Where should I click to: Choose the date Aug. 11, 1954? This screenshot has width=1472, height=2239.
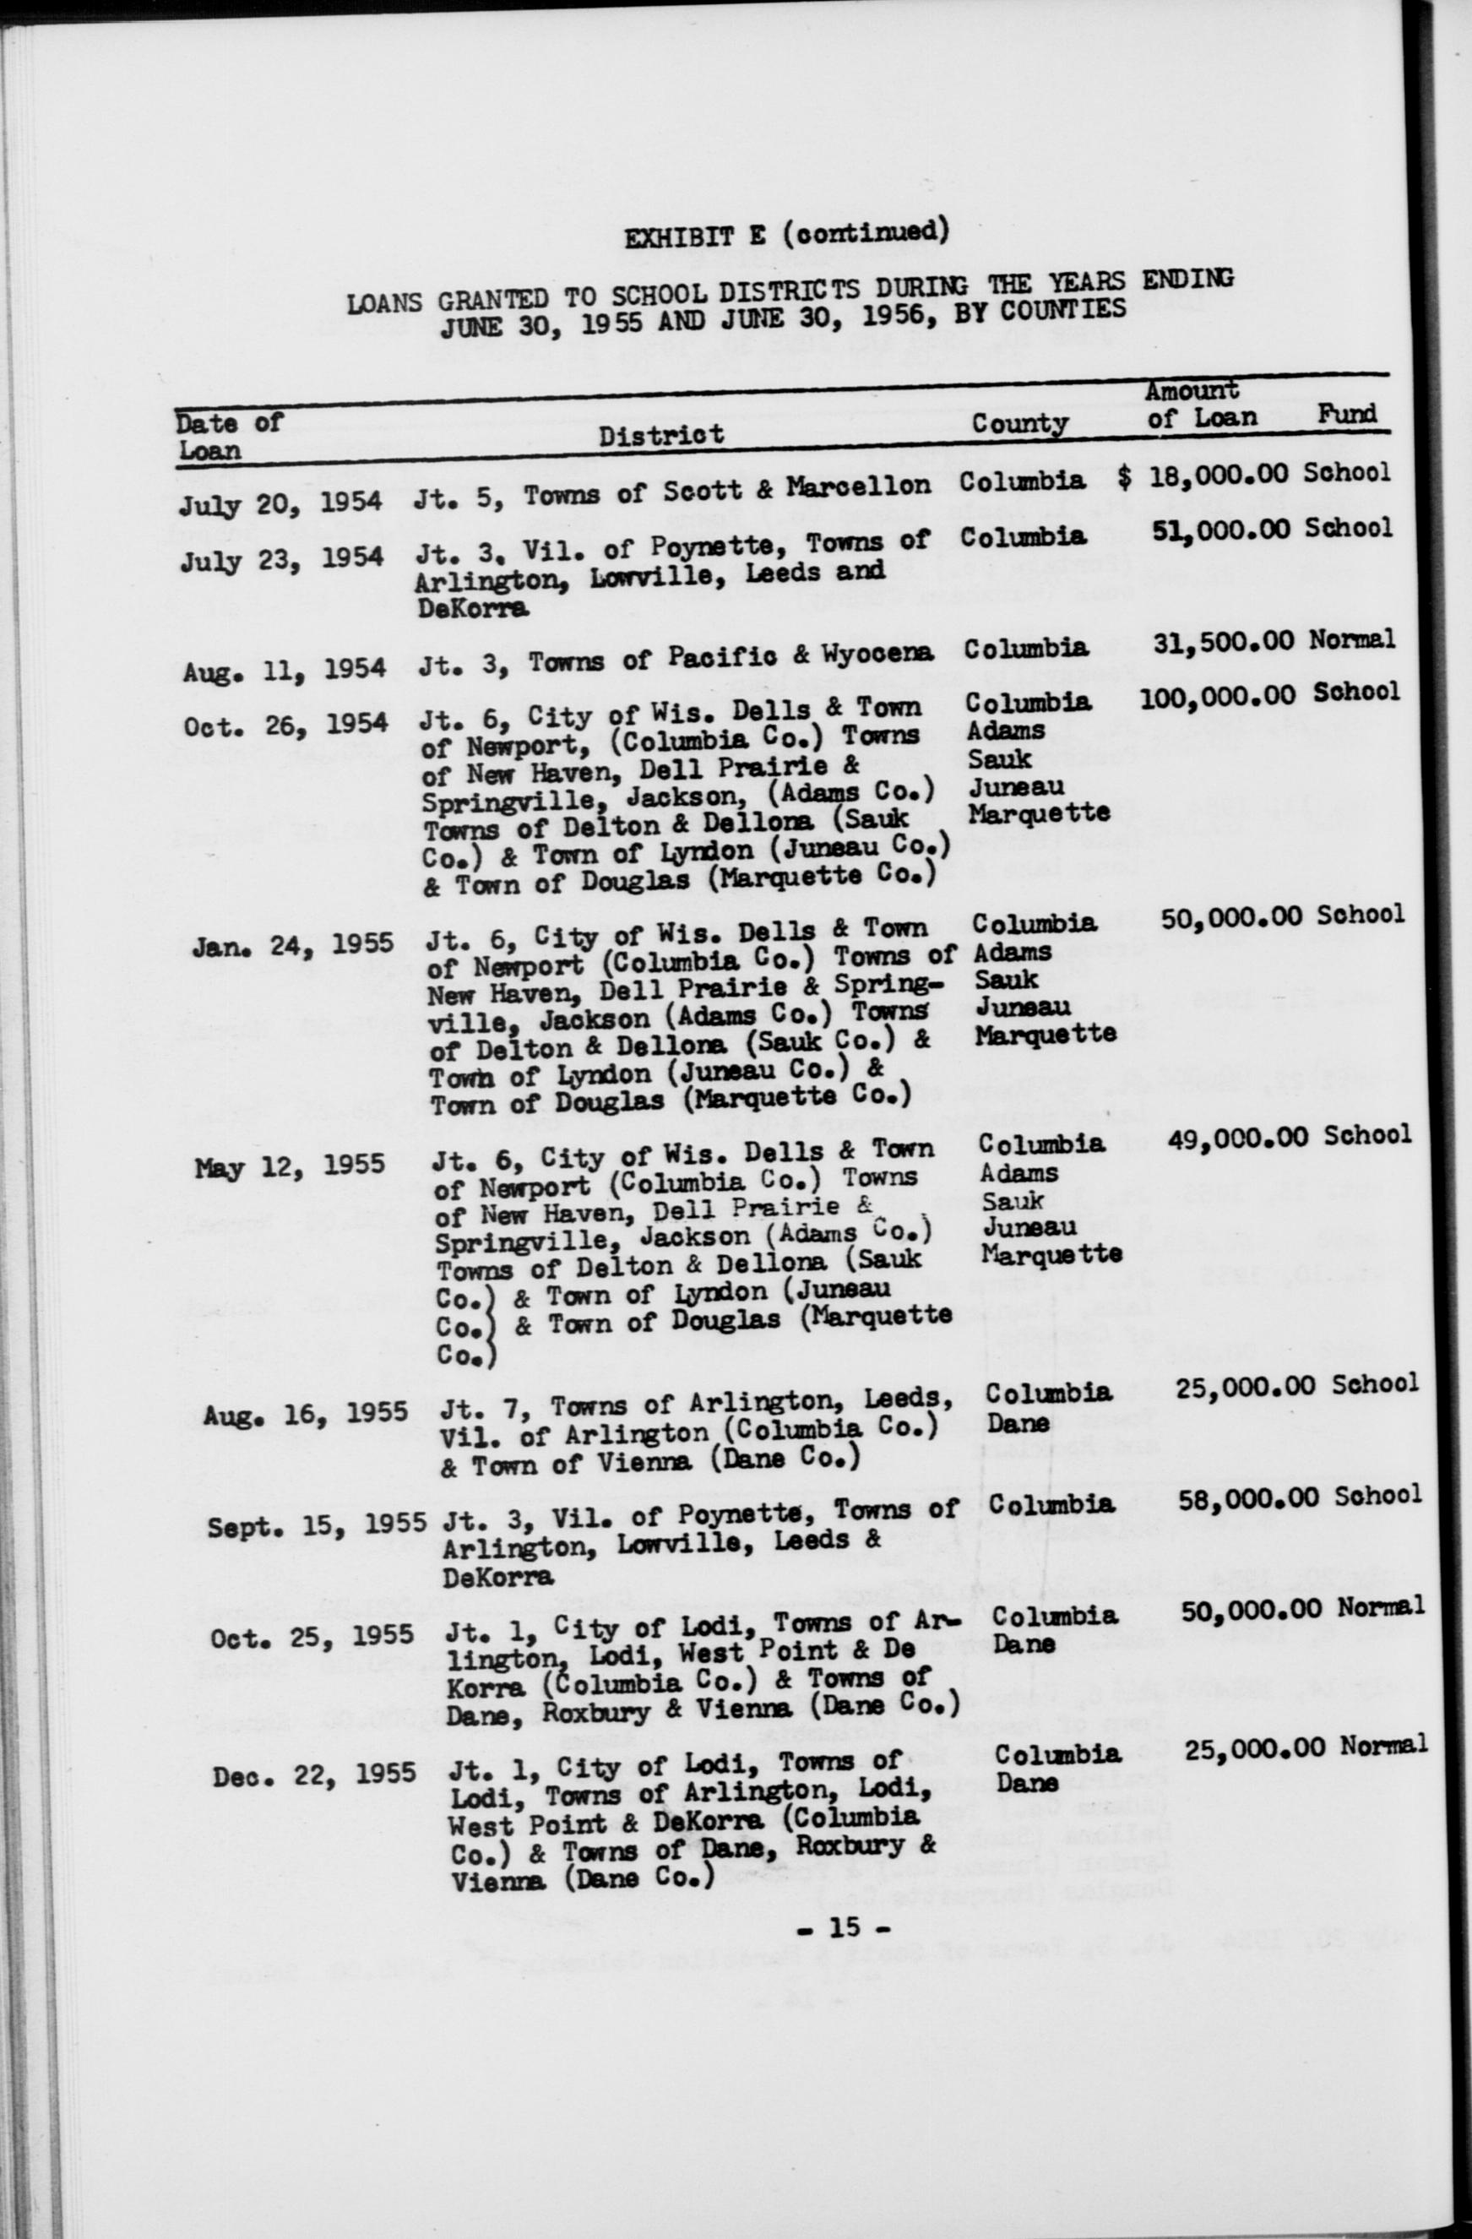coord(284,669)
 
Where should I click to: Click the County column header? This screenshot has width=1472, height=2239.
coord(1019,423)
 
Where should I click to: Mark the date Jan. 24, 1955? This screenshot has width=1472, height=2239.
coord(292,943)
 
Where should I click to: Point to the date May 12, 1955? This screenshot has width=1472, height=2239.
coord(290,1166)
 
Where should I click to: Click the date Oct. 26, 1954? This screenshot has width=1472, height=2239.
coord(284,726)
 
